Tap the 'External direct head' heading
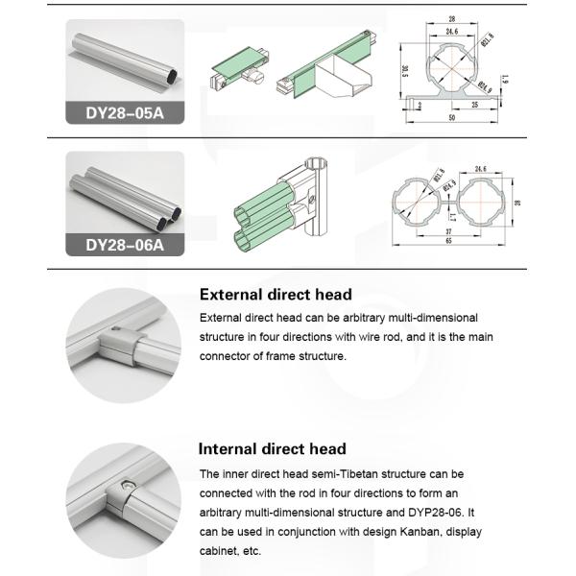(x=275, y=295)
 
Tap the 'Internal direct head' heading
(x=272, y=448)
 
